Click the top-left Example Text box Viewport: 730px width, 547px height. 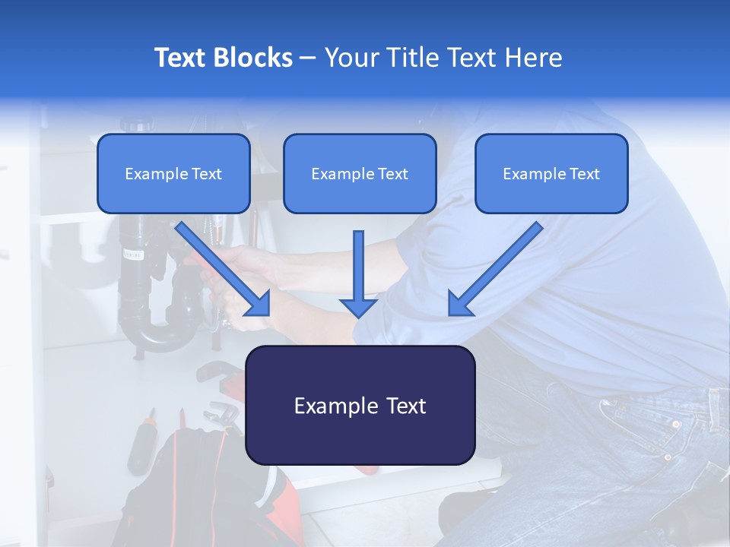(x=173, y=174)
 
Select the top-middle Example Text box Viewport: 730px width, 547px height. (x=360, y=174)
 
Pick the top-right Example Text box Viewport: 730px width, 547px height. (x=551, y=174)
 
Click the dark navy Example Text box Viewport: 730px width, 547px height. (x=360, y=406)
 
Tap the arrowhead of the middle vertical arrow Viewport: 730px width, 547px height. (x=359, y=307)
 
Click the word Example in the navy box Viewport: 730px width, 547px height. (x=328, y=406)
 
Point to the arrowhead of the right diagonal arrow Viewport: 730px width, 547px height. (x=461, y=304)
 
